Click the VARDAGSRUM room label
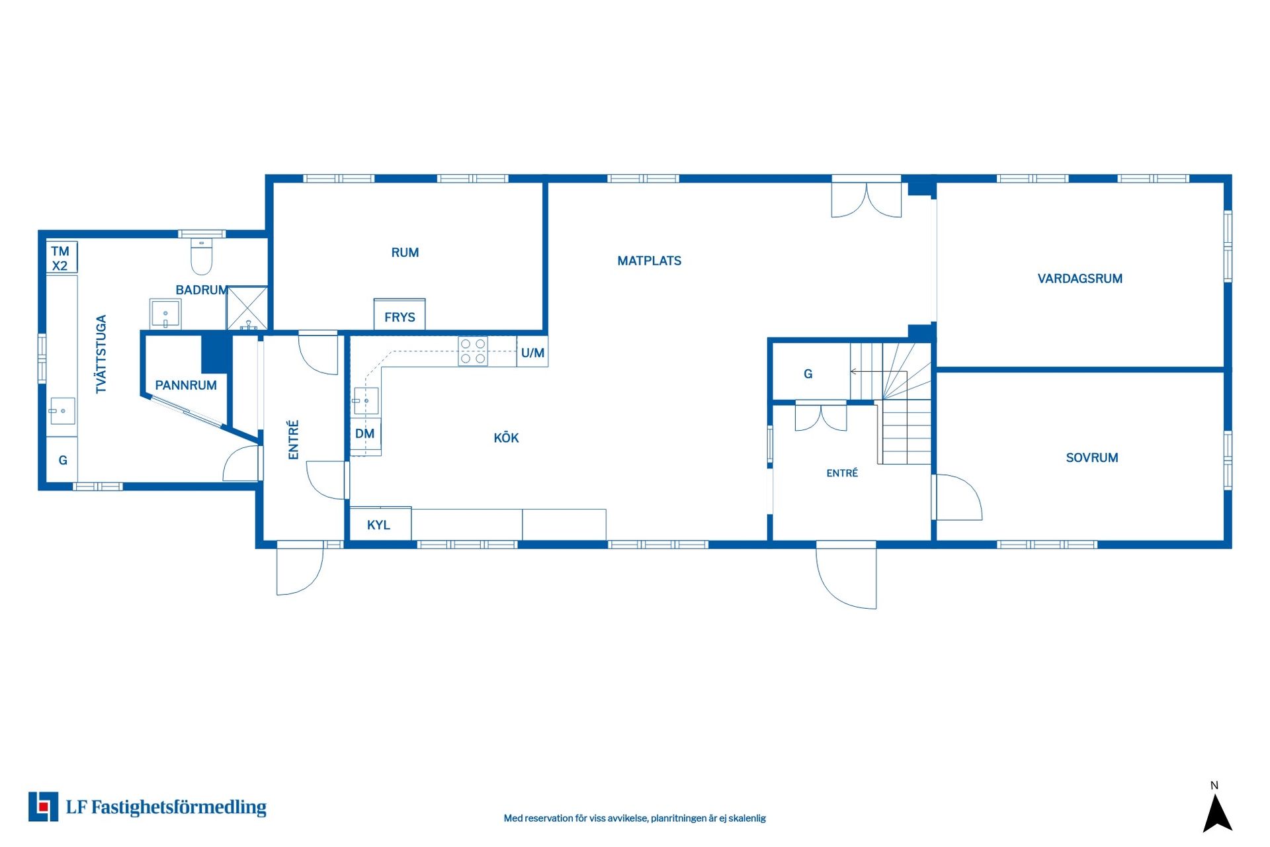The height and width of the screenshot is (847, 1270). [1079, 279]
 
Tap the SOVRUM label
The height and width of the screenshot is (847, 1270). [1091, 457]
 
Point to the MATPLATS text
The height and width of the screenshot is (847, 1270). [649, 261]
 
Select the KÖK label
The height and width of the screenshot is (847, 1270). [506, 437]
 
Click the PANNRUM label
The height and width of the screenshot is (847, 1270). [186, 385]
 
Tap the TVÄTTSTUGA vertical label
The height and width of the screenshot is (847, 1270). [101, 354]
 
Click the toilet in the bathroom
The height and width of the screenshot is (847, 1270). [202, 256]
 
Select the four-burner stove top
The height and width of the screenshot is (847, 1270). [473, 351]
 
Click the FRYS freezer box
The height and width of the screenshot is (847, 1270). [400, 314]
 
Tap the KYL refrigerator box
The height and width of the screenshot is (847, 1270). [380, 523]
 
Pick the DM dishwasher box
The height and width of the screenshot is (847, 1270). [365, 433]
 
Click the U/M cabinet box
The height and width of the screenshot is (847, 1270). [532, 351]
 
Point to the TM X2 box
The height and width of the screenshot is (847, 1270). [62, 257]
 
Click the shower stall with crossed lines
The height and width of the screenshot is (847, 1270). [247, 308]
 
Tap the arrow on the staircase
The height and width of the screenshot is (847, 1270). [867, 372]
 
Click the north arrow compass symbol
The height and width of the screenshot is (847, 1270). [1217, 813]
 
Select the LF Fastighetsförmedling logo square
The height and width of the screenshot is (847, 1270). [43, 807]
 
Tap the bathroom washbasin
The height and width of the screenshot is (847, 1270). [165, 314]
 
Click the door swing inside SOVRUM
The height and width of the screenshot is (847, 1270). [958, 497]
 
